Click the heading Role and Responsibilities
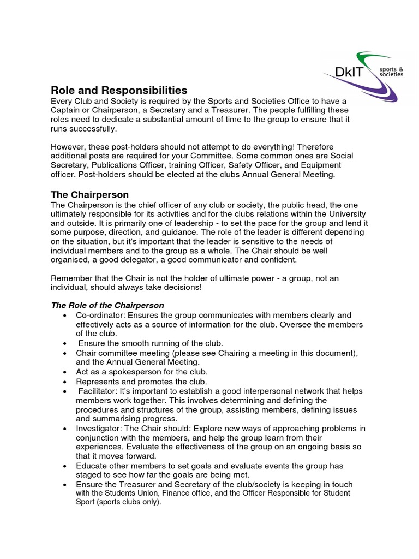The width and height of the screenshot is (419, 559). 119,90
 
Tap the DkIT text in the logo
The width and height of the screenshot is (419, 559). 351,71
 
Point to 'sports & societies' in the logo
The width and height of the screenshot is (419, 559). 392,72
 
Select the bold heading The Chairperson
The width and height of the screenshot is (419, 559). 89,195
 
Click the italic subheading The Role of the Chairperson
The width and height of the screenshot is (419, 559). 107,305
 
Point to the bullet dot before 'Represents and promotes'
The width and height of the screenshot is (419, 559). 65,382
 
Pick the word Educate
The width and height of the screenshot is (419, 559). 92,466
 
